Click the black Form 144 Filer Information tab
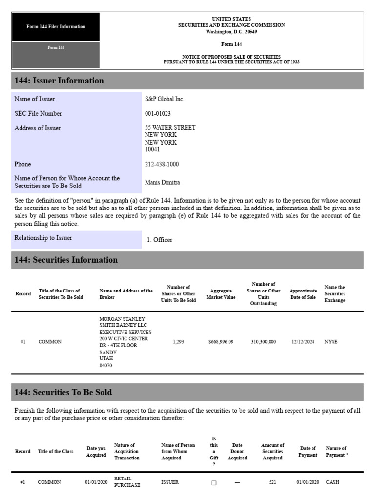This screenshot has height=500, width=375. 56,27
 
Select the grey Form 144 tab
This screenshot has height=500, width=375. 56,48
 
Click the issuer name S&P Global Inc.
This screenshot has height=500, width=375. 165,99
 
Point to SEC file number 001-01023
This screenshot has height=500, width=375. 158,114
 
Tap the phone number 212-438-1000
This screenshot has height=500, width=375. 162,165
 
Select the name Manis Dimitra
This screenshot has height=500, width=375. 162,183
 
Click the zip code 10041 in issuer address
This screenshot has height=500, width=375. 152,150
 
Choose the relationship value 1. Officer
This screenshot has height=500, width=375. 159,240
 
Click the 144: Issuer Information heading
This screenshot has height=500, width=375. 59,81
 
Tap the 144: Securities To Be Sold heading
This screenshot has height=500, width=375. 63,392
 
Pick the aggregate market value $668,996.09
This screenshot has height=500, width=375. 221,342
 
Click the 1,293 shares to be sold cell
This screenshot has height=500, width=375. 178,342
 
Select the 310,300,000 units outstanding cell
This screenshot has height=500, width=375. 263,342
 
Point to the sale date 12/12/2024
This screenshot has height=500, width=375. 303,342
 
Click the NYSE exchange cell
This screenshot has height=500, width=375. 331,342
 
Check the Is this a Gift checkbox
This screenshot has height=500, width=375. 213,483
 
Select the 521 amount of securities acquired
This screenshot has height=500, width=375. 272,482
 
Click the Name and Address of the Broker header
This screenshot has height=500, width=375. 126,294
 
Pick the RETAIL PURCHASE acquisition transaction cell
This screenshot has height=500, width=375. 127,482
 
